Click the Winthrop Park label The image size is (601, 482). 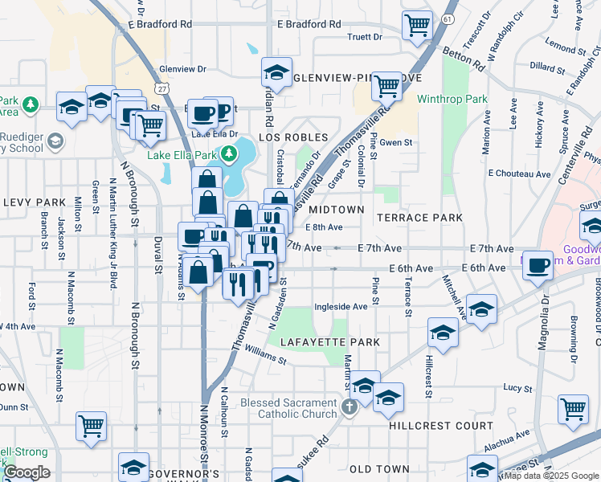pos(452,100)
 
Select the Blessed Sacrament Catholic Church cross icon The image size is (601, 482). pos(349,408)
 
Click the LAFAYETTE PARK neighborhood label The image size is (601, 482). pos(330,342)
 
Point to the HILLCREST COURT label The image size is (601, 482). pos(441,426)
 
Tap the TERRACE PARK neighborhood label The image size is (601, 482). pos(420,218)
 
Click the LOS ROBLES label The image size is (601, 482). pos(293,138)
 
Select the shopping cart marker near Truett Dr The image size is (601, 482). pos(417,26)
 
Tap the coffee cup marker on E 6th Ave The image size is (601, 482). pos(538,265)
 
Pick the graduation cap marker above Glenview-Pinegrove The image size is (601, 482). pos(276,72)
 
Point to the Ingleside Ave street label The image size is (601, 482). pos(341,306)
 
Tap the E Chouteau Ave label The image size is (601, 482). pos(519,174)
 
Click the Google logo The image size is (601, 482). pos(26,472)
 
